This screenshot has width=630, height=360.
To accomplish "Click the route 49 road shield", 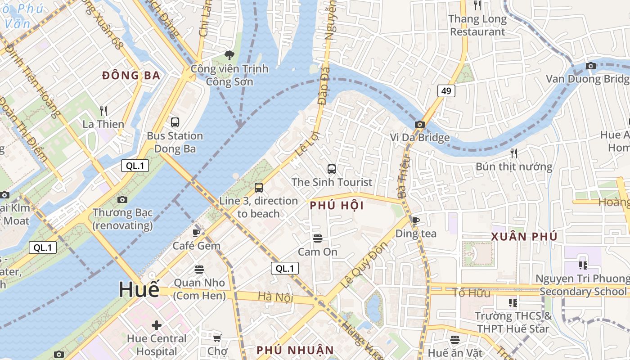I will (446, 91).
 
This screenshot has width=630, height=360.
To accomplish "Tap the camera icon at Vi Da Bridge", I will (419, 124).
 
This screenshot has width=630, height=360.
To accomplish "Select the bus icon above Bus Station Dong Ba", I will (175, 122).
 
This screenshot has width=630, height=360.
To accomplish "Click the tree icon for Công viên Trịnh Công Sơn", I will (229, 55).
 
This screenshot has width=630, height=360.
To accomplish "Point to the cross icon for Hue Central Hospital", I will (157, 325).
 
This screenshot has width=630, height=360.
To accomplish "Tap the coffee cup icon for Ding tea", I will (415, 220).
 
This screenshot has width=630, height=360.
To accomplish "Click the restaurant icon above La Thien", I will (103, 111).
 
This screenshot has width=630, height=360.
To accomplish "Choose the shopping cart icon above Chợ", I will (217, 337).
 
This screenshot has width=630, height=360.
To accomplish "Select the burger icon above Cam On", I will (318, 238).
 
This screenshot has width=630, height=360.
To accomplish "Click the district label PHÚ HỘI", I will (337, 206).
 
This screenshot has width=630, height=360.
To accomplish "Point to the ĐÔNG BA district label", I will (131, 76).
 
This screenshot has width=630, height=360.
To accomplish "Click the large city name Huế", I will (139, 289).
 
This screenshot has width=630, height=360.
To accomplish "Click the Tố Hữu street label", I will (471, 293).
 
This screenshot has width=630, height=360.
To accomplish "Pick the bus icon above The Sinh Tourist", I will (332, 169).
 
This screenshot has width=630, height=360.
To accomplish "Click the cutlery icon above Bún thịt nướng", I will (514, 153).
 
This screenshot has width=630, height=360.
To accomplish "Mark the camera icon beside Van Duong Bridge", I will (591, 66).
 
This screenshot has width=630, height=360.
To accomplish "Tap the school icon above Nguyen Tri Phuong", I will (583, 265).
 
